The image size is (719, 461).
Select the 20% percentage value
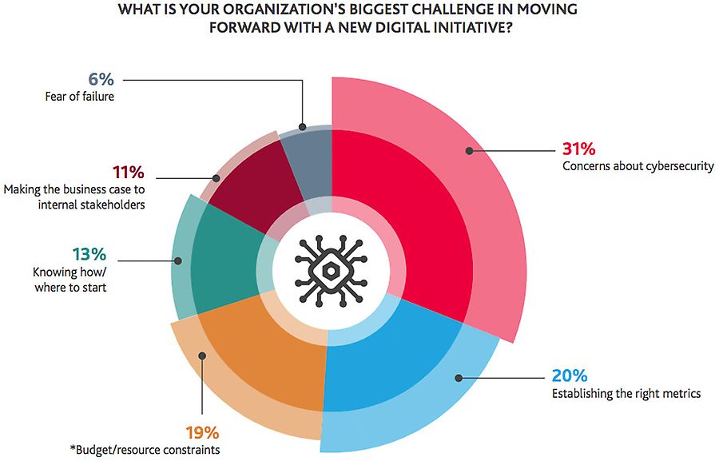pos(570,376)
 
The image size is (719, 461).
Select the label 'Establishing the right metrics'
pos(626,393)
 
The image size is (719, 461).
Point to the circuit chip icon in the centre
pos(332,270)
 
